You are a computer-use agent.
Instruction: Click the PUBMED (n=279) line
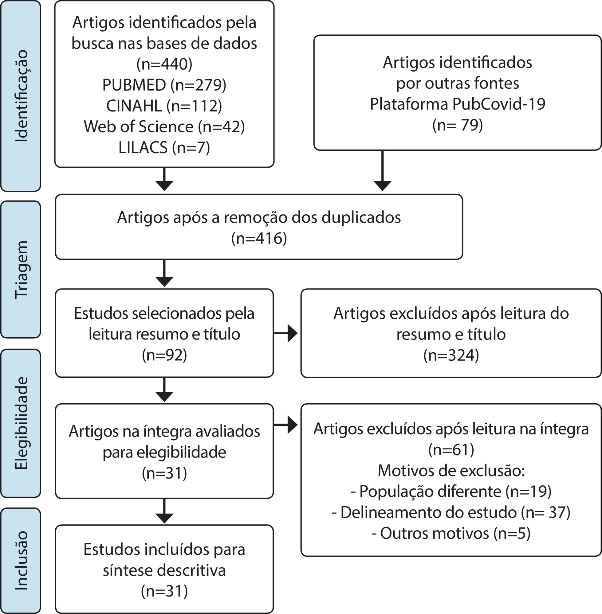click(164, 85)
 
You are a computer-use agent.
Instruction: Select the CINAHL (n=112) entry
click(164, 106)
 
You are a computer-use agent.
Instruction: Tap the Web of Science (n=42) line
click(164, 127)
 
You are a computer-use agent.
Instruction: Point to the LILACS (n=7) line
click(164, 147)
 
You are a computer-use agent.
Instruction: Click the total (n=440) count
click(164, 64)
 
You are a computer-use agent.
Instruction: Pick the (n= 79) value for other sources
click(458, 125)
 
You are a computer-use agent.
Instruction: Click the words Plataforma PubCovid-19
click(458, 104)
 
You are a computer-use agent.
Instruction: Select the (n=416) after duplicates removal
click(259, 238)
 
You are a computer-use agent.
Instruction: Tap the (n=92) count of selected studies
click(164, 355)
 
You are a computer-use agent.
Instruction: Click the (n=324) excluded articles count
click(451, 355)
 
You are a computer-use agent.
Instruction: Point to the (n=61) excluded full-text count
click(451, 450)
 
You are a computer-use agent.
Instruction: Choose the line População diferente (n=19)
click(451, 492)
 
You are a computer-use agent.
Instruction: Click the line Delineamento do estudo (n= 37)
click(451, 512)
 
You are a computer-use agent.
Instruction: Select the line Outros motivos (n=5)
click(451, 533)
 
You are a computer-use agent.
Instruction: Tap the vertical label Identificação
click(22, 96)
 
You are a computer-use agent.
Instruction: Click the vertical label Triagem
click(22, 270)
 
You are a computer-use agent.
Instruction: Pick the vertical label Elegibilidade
click(22, 423)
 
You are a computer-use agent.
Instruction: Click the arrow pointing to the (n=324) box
click(285, 333)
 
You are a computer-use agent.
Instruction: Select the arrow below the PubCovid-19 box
click(383, 171)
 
